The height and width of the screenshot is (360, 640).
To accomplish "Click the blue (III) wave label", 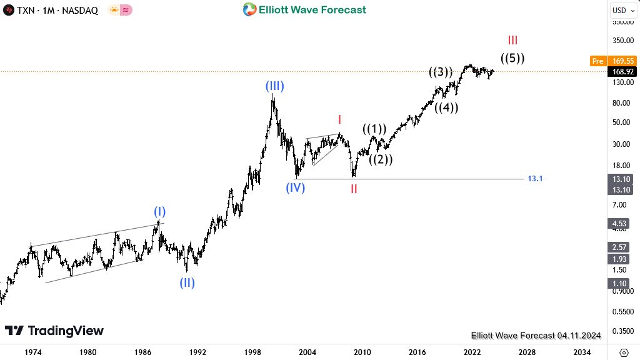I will pos(274,86).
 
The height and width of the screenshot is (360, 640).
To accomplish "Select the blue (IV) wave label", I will pos(295,187).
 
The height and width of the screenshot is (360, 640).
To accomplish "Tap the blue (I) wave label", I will pos(160,211).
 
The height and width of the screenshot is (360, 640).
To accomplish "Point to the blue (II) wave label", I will pos(187,282).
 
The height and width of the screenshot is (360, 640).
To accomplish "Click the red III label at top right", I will pos(512,41).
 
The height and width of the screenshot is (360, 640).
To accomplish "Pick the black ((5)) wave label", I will pos(512,58).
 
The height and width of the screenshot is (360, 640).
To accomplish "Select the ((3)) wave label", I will pos(441,72).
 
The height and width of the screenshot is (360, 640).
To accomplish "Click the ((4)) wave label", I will pos(447,107).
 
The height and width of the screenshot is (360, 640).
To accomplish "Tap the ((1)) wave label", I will pos(374,129).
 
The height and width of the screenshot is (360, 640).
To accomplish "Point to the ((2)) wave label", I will pos(380,159).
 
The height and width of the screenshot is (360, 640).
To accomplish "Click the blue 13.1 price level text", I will pos(535,179).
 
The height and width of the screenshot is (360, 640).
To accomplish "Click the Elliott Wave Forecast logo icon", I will pos(249,9).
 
